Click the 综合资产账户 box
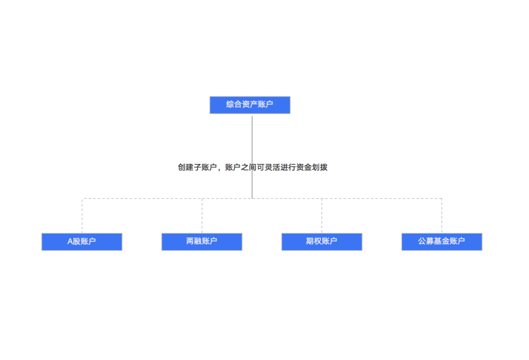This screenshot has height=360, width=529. pyautogui.click(x=250, y=105)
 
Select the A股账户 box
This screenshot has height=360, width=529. pyautogui.click(x=82, y=242)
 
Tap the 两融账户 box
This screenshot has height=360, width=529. pyautogui.click(x=202, y=242)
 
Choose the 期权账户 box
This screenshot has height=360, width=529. pyautogui.click(x=322, y=242)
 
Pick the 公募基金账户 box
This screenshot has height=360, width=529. pyautogui.click(x=442, y=242)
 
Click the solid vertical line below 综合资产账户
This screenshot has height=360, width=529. pyautogui.click(x=252, y=157)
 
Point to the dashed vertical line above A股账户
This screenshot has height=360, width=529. pyautogui.click(x=82, y=216)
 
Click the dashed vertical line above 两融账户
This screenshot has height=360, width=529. pyautogui.click(x=202, y=216)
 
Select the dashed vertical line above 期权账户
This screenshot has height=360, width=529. pyautogui.click(x=322, y=216)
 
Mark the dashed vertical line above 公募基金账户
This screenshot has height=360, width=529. pyautogui.click(x=442, y=216)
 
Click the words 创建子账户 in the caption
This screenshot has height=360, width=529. pyautogui.click(x=197, y=167)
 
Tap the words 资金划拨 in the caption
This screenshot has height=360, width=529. pyautogui.click(x=312, y=167)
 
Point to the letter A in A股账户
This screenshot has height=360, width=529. pyautogui.click(x=70, y=241)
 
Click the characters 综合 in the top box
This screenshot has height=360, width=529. pyautogui.click(x=234, y=104)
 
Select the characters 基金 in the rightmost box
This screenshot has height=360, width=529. pyautogui.click(x=442, y=241)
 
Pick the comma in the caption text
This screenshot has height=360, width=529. pyautogui.click(x=220, y=169)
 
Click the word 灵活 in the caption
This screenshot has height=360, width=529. pyautogui.click(x=272, y=167)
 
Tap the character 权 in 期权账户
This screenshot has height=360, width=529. pyautogui.click(x=318, y=241)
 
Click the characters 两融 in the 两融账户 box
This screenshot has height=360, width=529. pyautogui.click(x=194, y=241)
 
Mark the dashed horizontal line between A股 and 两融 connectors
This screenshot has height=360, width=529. pyautogui.click(x=142, y=198)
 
